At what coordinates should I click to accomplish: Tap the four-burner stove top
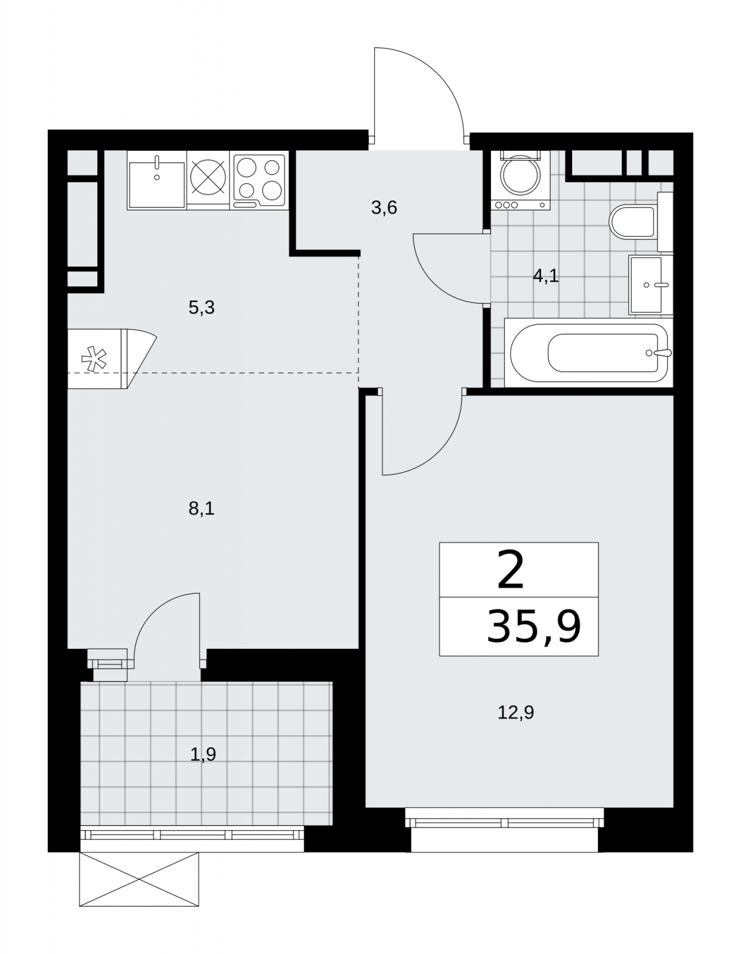[259, 180]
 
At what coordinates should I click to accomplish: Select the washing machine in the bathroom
[521, 180]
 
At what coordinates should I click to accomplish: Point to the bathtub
[589, 352]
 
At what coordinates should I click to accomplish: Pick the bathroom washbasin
[651, 284]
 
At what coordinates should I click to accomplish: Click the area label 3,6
[384, 207]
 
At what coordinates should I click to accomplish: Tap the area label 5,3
[202, 308]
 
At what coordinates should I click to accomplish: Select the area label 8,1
[202, 509]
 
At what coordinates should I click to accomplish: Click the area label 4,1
[545, 276]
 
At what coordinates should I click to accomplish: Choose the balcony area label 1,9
[203, 754]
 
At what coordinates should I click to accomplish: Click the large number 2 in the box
[511, 570]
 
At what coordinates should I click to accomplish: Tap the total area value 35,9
[534, 627]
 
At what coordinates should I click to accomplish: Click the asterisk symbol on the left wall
[94, 359]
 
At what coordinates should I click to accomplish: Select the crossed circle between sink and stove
[208, 178]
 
